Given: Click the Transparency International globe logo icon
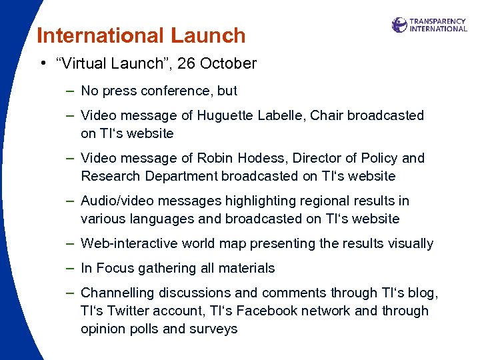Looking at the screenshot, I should [399, 25].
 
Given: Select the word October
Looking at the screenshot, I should [229, 64].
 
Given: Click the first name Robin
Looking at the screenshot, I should [215, 158].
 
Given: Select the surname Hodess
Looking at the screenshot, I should [259, 158].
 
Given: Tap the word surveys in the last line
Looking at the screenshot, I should [215, 329].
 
